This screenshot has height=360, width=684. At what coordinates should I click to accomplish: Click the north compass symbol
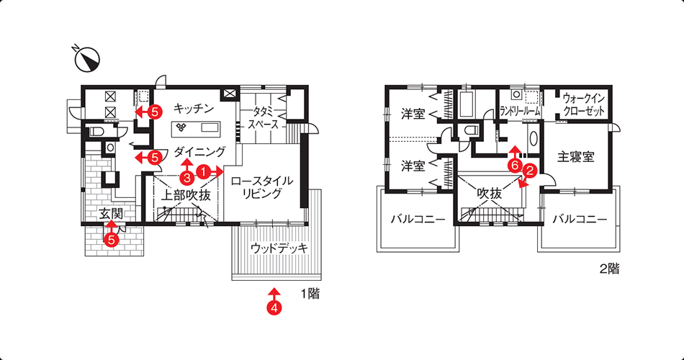[x=88, y=59]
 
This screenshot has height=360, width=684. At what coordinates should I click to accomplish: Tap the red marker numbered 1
[x=202, y=171]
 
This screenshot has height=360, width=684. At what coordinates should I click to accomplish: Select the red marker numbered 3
[x=187, y=178]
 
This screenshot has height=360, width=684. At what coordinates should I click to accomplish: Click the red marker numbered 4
[x=274, y=307]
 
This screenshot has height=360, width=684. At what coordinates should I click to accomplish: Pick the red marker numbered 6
[x=516, y=166]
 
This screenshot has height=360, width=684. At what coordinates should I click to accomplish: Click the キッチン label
[x=194, y=108]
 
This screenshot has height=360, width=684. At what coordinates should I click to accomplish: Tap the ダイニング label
[x=199, y=152]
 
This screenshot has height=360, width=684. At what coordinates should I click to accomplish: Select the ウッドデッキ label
[x=279, y=248]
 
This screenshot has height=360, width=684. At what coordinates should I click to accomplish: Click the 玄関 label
[x=111, y=215]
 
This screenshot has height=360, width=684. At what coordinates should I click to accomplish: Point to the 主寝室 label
[x=576, y=157]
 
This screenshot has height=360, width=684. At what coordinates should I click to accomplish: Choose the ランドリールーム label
[x=520, y=112]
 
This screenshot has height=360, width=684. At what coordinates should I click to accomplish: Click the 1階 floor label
[x=310, y=294]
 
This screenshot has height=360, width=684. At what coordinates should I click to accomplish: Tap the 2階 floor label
[x=609, y=269]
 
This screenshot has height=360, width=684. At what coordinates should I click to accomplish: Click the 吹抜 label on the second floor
[x=490, y=193]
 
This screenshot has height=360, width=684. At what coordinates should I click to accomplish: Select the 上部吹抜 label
[x=186, y=195]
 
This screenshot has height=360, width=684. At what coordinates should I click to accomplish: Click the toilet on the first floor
[x=96, y=131]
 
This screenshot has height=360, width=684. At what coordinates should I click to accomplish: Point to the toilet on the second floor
[x=470, y=130]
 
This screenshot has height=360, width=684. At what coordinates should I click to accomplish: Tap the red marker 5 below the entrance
[x=111, y=240]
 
